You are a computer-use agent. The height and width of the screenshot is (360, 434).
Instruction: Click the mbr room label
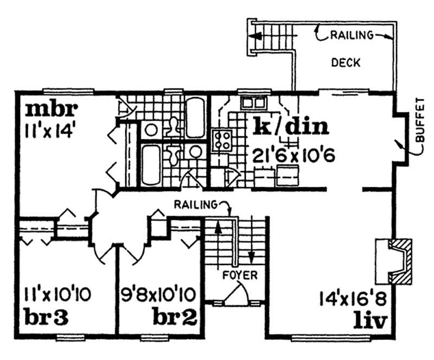point(52,109)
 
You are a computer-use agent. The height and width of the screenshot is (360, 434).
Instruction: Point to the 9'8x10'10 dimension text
point(158,296)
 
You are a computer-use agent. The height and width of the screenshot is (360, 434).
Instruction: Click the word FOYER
point(239,275)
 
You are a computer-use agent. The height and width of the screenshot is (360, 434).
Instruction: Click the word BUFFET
point(419,120)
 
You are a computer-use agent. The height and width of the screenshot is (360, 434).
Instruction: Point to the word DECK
point(345,62)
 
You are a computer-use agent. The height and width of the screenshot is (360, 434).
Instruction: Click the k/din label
point(290,127)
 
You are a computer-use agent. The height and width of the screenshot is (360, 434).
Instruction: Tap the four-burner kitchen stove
point(221,141)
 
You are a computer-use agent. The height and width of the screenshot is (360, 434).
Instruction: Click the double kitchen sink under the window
point(253,102)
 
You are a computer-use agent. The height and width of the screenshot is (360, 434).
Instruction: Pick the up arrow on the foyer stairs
point(219,228)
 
